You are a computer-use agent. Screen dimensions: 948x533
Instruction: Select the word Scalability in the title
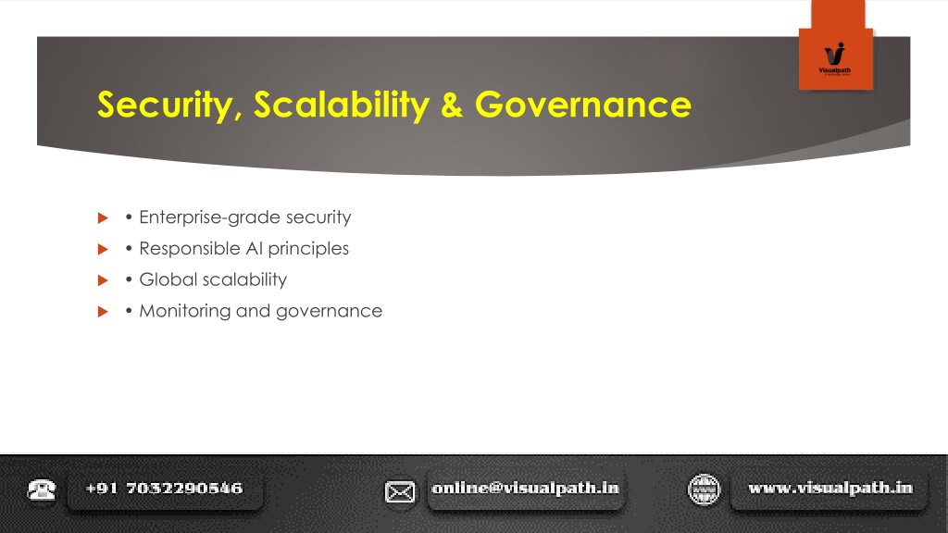point(342,104)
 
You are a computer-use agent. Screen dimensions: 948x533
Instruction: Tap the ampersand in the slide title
point(452,105)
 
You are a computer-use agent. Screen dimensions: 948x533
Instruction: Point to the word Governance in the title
point(583,105)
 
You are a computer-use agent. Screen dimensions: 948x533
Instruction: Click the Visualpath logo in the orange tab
point(834,58)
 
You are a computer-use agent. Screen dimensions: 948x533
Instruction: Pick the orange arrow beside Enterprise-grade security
point(103,217)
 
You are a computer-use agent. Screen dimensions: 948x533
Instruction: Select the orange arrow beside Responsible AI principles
point(103,249)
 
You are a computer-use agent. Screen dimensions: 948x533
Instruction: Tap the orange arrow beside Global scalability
point(103,280)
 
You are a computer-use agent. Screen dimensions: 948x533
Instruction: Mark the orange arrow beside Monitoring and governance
point(103,312)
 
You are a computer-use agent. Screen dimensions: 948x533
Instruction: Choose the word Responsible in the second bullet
point(190,248)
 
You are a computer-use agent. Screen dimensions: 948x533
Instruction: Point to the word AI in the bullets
point(254,248)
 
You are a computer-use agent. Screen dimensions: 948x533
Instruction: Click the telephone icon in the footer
point(42,490)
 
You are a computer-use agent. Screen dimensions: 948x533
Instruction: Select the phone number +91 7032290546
point(164,489)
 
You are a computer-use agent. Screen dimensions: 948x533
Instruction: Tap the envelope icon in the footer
point(400,492)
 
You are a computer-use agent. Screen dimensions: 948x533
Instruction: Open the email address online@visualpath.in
point(526,489)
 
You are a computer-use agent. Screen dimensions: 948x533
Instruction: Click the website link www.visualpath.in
point(830,489)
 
